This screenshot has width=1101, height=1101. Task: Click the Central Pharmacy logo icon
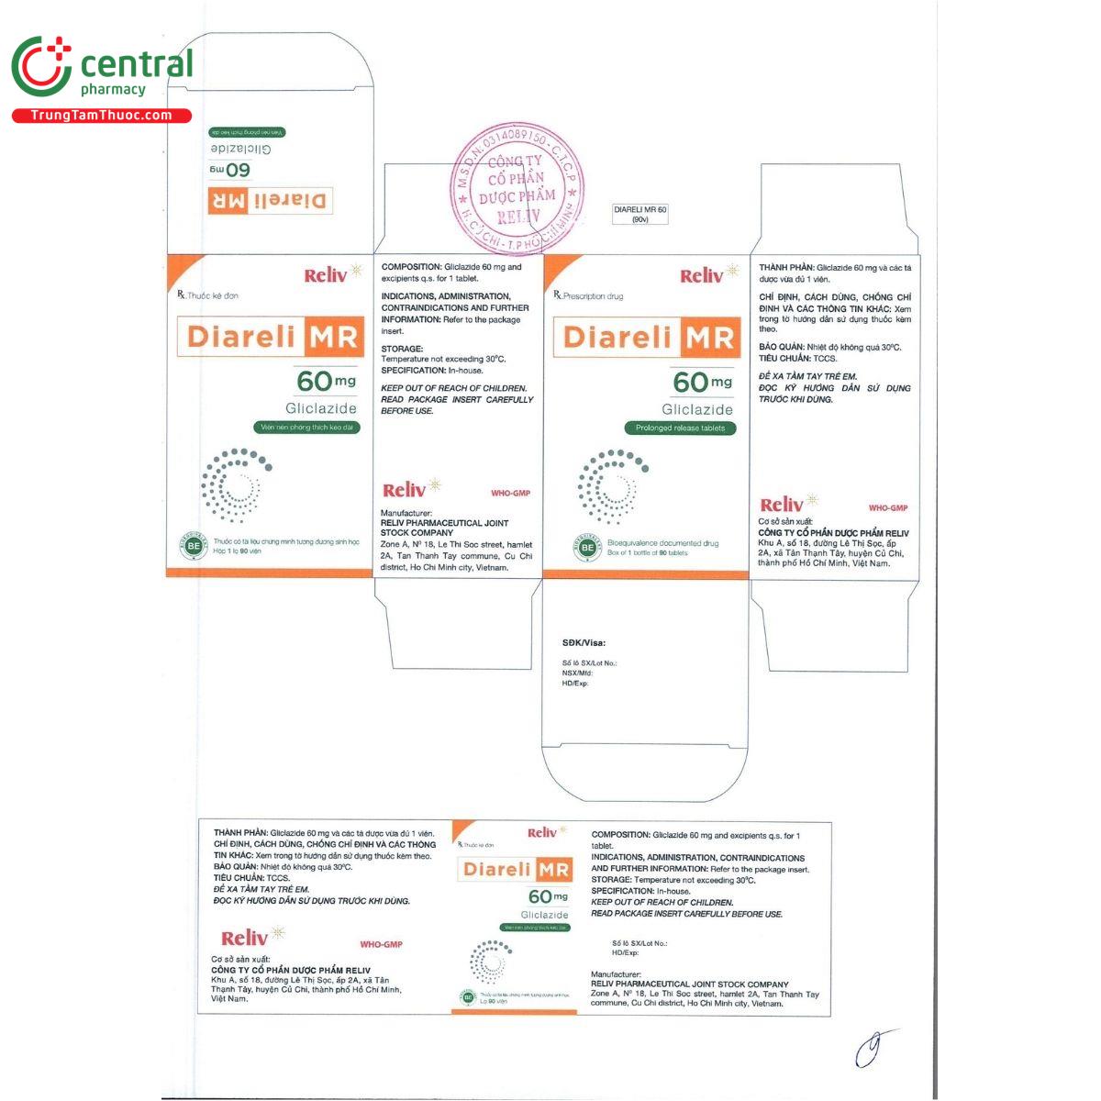pyautogui.click(x=41, y=67)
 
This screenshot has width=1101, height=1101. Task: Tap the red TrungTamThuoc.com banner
pyautogui.click(x=101, y=116)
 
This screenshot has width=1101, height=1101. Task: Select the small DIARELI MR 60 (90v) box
pyautogui.click(x=640, y=215)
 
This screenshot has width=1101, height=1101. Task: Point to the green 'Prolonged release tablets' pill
pyautogui.click(x=680, y=428)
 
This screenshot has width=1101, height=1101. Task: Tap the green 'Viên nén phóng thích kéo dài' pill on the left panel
pyautogui.click(x=306, y=428)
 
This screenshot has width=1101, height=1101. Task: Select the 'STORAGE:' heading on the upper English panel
pyautogui.click(x=402, y=349)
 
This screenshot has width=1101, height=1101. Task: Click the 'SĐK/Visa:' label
pyautogui.click(x=584, y=643)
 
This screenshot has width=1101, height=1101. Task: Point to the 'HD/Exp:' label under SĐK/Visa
pyautogui.click(x=574, y=683)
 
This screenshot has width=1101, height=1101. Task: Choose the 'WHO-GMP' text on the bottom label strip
pyautogui.click(x=381, y=944)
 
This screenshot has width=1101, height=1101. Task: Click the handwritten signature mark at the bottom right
pyautogui.click(x=872, y=1047)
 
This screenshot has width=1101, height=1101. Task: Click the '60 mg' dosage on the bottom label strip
pyautogui.click(x=548, y=896)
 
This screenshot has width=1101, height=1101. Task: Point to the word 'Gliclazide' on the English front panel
pyautogui.click(x=698, y=409)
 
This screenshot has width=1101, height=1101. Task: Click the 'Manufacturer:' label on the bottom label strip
pyautogui.click(x=616, y=974)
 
